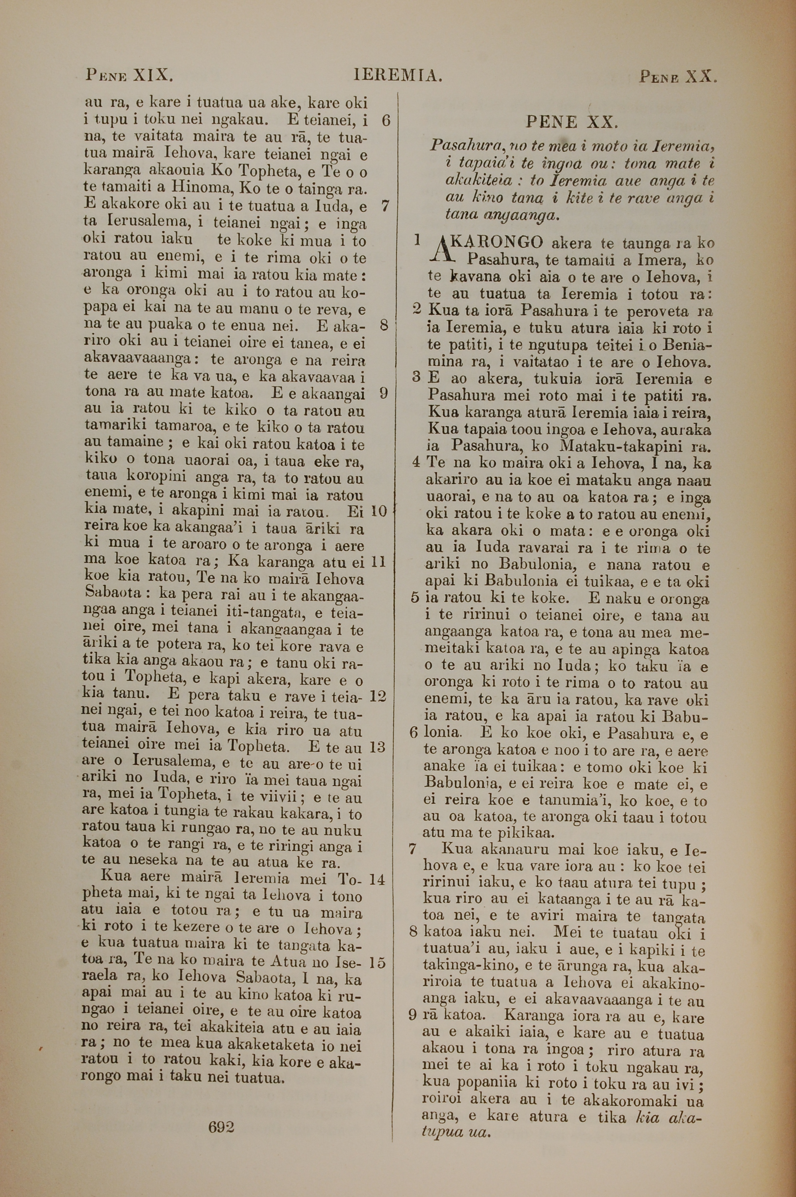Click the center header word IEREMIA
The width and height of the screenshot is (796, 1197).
click(398, 76)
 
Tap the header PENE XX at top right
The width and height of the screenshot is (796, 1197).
click(677, 77)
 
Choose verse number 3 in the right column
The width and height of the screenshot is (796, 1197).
click(416, 378)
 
